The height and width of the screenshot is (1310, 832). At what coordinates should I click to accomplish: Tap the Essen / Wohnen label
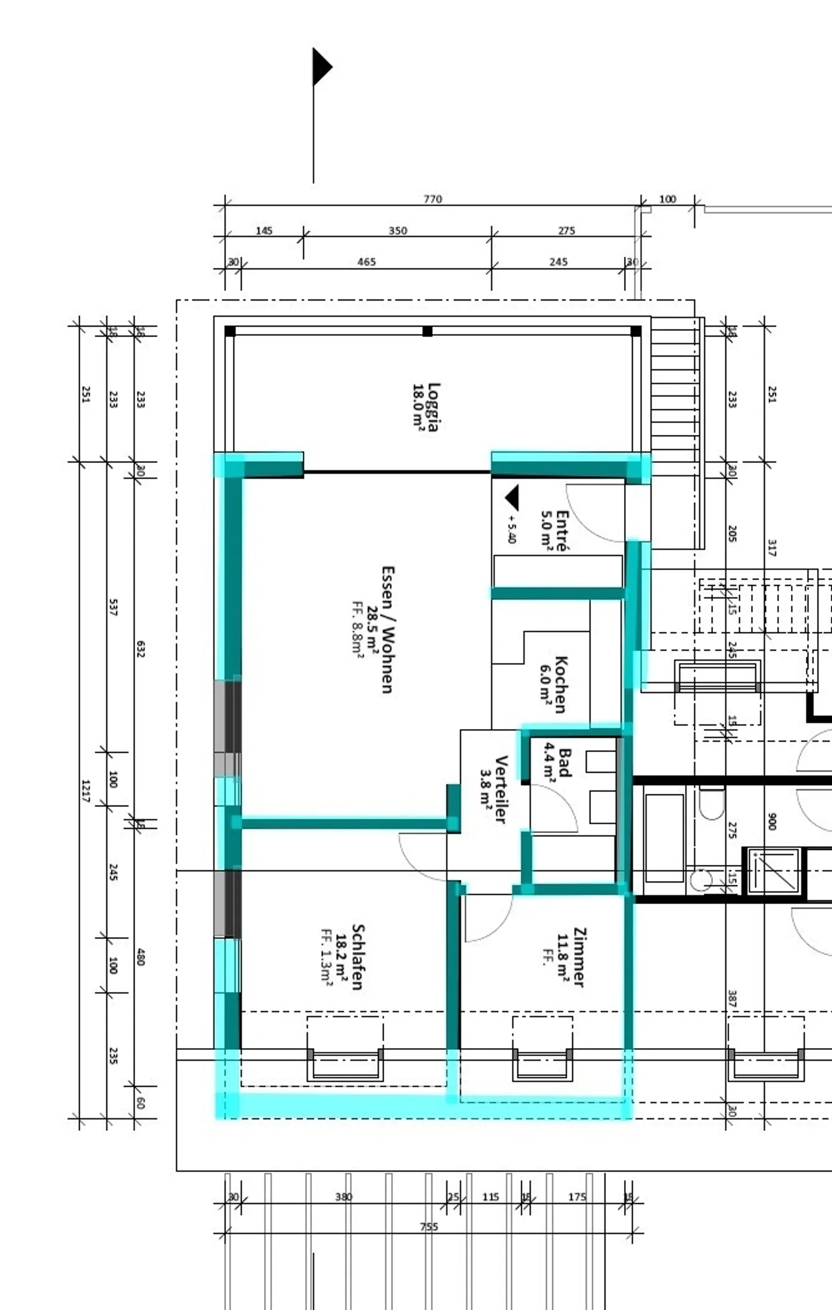[388, 630]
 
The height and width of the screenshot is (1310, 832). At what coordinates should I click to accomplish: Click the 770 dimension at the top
[432, 199]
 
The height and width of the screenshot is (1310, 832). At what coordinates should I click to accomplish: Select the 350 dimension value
[398, 231]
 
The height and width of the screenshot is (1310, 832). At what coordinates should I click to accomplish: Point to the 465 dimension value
[366, 262]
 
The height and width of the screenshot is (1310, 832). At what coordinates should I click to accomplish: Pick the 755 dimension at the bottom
[429, 1227]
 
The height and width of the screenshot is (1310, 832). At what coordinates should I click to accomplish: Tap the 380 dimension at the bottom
[343, 1197]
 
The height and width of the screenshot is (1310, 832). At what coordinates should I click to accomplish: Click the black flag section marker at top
[321, 67]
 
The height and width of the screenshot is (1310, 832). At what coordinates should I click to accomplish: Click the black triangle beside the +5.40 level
[512, 498]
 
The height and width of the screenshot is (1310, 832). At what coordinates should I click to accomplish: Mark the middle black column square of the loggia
[427, 331]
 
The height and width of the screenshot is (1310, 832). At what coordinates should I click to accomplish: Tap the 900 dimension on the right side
[772, 821]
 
